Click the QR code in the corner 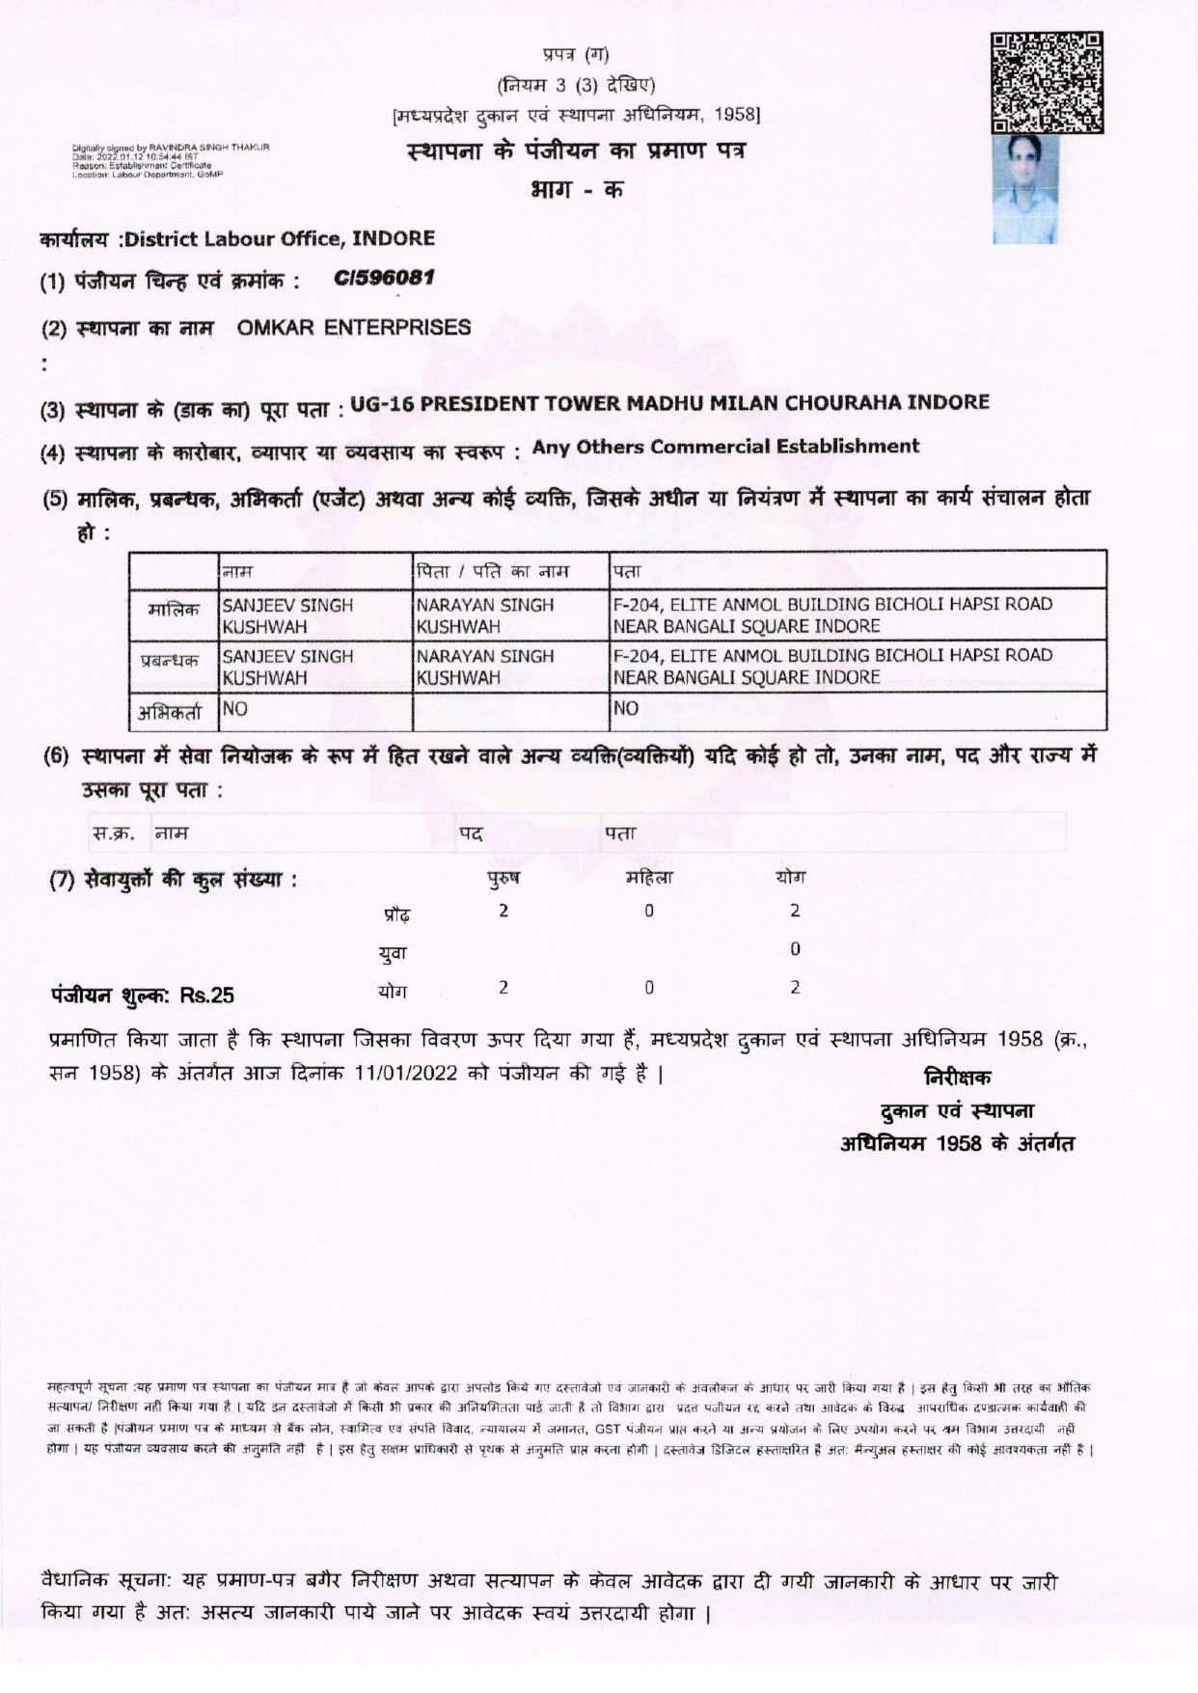[x=1048, y=82]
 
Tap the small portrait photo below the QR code [x=1025, y=188]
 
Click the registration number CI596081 [x=385, y=278]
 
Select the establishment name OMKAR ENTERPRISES [x=354, y=327]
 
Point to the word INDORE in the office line [x=393, y=237]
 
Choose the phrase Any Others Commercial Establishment [x=725, y=447]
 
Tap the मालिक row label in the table [x=174, y=610]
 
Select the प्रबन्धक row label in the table [x=174, y=661]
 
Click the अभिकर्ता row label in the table [x=174, y=712]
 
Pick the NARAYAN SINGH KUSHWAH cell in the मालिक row [x=485, y=615]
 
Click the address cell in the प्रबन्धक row [x=831, y=666]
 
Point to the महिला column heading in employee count [x=649, y=879]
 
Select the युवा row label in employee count [x=393, y=952]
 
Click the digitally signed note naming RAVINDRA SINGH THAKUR [x=171, y=159]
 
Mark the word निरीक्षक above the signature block [x=957, y=1078]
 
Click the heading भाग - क [x=576, y=189]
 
